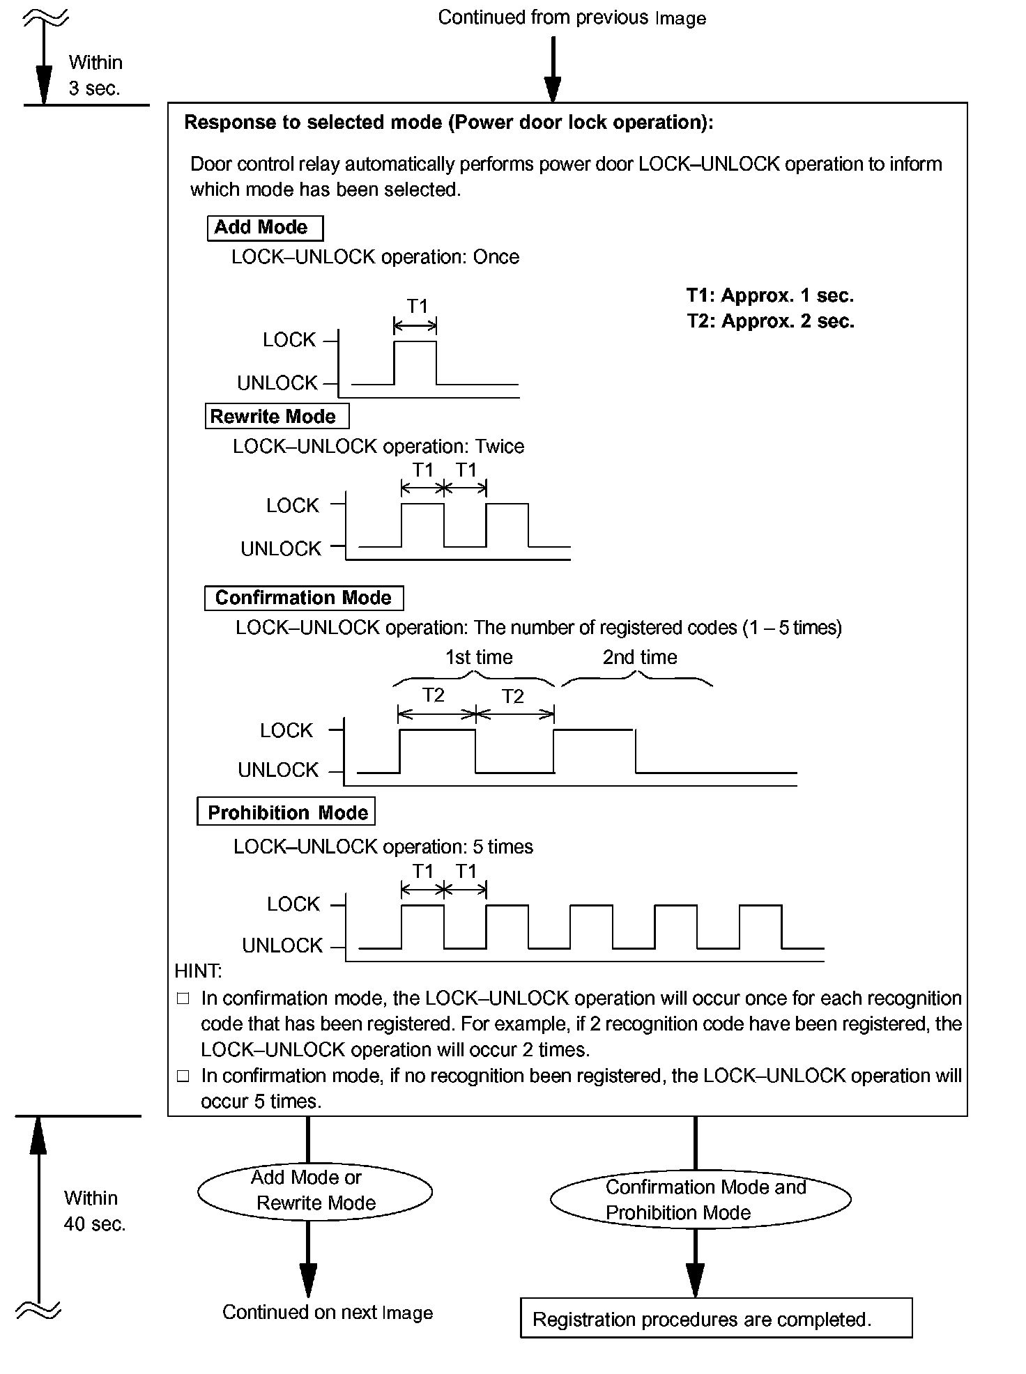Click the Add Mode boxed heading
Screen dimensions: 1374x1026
coord(265,228)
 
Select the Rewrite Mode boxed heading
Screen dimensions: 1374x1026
coord(277,417)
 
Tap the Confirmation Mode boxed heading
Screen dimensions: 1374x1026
coord(304,598)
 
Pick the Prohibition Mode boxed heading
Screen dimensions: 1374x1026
coord(286,812)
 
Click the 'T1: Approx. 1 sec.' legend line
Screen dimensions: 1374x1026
coord(769,295)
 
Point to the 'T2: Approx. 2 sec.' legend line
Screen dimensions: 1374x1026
coord(769,321)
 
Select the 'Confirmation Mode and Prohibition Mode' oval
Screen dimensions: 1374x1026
coord(700,1200)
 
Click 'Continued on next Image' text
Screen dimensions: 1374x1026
coord(328,1313)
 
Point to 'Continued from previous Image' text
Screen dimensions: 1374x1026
coord(572,18)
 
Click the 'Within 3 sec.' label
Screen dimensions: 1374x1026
coord(95,75)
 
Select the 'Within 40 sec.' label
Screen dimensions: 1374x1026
coord(94,1211)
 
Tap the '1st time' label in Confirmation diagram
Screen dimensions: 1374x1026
coord(479,657)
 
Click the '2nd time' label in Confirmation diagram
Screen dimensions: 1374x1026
coord(640,657)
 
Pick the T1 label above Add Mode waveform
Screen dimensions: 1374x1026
coord(417,306)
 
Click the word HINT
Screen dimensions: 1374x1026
coord(198,971)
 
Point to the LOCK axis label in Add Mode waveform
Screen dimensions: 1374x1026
coord(289,340)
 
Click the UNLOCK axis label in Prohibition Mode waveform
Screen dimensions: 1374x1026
coord(282,945)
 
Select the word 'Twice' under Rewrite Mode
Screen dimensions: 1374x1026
coord(499,447)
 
